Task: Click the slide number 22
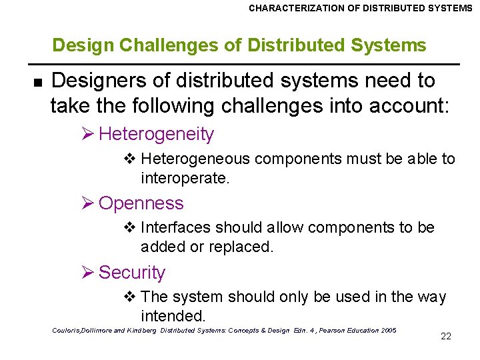[446, 336]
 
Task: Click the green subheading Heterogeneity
[156, 134]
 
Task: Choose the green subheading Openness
[141, 203]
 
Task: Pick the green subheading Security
[131, 273]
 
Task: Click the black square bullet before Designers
[37, 82]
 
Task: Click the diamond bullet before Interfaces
[131, 227]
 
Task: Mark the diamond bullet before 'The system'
[131, 297]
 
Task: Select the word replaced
[241, 247]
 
